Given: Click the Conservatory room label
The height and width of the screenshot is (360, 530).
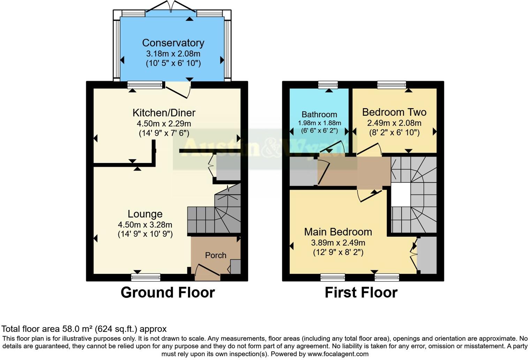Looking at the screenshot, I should pyautogui.click(x=173, y=43).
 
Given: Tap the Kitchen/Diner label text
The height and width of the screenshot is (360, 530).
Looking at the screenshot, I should pyautogui.click(x=164, y=113).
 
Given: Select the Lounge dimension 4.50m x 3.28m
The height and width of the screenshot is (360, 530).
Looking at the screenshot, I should pyautogui.click(x=145, y=225).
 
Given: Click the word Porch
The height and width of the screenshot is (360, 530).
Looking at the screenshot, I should pyautogui.click(x=215, y=255).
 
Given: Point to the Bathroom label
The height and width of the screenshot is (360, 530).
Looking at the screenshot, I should pyautogui.click(x=319, y=114).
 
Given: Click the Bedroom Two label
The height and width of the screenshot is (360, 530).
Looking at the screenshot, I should pyautogui.click(x=394, y=112).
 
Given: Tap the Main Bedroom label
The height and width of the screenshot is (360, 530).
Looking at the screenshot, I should pyautogui.click(x=338, y=232).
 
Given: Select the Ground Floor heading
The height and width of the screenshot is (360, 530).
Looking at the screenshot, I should pyautogui.click(x=168, y=292).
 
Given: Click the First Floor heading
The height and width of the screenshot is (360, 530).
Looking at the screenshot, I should pyautogui.click(x=361, y=292).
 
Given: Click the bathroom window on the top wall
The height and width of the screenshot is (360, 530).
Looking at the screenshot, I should pyautogui.click(x=328, y=85).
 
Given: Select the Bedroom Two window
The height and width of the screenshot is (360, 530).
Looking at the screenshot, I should pyautogui.click(x=392, y=85).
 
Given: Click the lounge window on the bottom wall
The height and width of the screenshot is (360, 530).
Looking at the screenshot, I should pyautogui.click(x=146, y=277).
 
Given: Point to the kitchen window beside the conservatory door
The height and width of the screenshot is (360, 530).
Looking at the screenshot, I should pyautogui.click(x=145, y=85).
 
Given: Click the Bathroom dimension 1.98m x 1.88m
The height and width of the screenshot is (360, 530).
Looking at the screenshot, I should pyautogui.click(x=319, y=123).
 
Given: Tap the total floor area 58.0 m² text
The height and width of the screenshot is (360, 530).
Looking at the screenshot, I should pyautogui.click(x=84, y=329).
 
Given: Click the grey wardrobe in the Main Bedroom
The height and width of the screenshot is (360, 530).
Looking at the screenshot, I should pyautogui.click(x=427, y=255).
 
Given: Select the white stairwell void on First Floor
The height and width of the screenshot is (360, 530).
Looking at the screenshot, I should pyautogui.click(x=400, y=194).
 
